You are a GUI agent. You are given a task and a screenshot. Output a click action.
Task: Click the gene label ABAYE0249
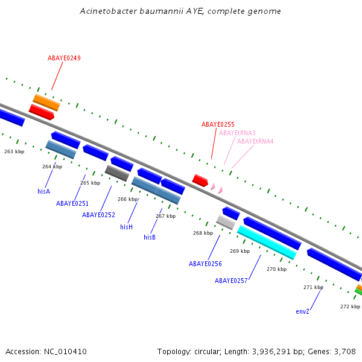(x=64, y=59)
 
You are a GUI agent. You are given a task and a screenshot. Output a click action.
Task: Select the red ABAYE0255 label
(x=218, y=124)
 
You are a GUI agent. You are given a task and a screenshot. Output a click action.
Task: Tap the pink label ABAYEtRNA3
(x=237, y=133)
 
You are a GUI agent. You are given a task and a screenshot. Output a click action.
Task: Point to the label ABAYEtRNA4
(x=255, y=141)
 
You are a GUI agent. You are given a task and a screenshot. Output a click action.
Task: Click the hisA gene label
(x=43, y=191)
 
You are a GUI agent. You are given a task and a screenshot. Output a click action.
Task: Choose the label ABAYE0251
(x=72, y=203)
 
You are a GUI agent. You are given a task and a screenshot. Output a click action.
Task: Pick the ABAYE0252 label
(x=98, y=215)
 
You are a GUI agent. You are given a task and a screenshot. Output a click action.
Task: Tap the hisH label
(x=126, y=227)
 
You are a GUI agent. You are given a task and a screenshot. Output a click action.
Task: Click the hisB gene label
(x=150, y=237)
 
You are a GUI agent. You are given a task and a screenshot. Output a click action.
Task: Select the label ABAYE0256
(x=205, y=264)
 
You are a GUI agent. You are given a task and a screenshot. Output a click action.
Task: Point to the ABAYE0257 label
(x=231, y=281)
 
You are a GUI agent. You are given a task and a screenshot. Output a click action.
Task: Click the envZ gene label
(x=302, y=311)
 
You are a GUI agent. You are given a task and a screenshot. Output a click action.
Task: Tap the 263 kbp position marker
(x=14, y=152)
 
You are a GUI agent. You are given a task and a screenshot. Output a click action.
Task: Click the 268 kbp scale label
(x=203, y=233)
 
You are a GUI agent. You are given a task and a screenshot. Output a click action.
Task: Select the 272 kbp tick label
(x=350, y=306)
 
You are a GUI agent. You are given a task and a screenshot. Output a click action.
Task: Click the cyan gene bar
(x=266, y=242)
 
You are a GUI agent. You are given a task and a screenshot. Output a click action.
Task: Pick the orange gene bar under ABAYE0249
(x=46, y=102)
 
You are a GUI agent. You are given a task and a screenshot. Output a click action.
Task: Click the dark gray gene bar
(x=116, y=173)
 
